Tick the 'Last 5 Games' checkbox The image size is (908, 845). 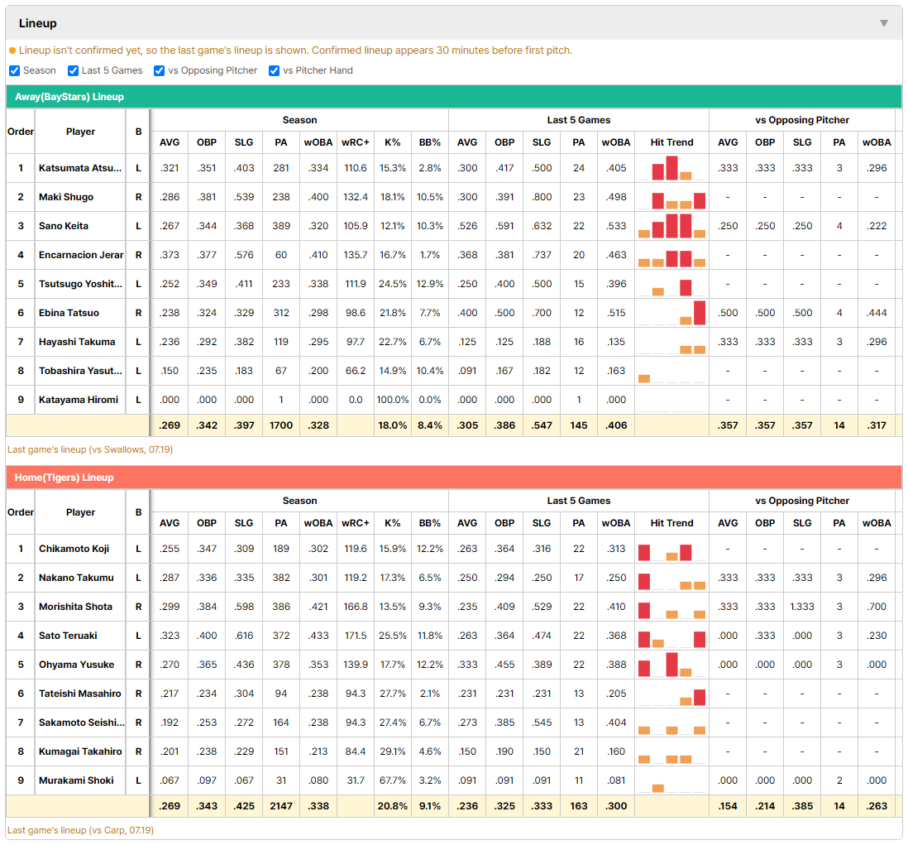tap(73, 70)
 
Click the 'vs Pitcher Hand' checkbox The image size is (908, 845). tap(274, 70)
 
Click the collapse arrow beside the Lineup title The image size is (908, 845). tap(884, 23)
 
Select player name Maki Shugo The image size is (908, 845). tap(66, 197)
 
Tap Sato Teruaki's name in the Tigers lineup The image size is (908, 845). tap(68, 636)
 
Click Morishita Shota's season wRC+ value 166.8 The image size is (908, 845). tap(356, 607)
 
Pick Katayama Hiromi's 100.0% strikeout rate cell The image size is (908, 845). tap(393, 400)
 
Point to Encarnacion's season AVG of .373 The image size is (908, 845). tap(169, 255)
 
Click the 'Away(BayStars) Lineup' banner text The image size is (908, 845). tap(69, 97)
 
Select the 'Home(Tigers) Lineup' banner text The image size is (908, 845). tap(65, 478)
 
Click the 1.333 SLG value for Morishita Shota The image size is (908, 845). tap(802, 607)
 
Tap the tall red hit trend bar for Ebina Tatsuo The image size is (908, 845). tap(700, 313)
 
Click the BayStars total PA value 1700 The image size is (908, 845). tap(281, 425)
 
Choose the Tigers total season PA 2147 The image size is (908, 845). tap(281, 806)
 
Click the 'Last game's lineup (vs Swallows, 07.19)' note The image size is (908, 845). tap(90, 449)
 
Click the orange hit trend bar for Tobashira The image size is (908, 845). tap(644, 379)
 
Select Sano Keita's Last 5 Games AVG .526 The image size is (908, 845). tap(467, 226)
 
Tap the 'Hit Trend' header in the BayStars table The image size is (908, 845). tap(671, 142)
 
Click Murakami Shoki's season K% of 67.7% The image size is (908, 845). tap(393, 780)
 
